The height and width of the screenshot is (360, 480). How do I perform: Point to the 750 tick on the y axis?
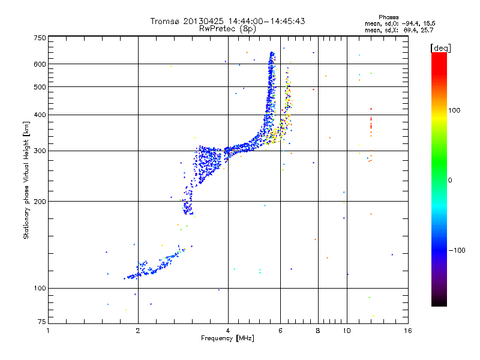click(x=40, y=37)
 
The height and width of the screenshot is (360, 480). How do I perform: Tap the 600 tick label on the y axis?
click(x=40, y=64)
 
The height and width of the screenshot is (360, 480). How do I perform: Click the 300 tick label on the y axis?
click(x=40, y=151)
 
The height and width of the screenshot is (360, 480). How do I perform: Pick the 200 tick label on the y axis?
click(x=40, y=201)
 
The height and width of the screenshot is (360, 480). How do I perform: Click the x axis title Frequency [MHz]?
click(x=227, y=339)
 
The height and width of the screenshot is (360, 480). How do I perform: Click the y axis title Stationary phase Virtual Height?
click(x=26, y=180)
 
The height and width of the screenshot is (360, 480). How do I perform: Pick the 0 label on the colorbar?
click(x=451, y=180)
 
